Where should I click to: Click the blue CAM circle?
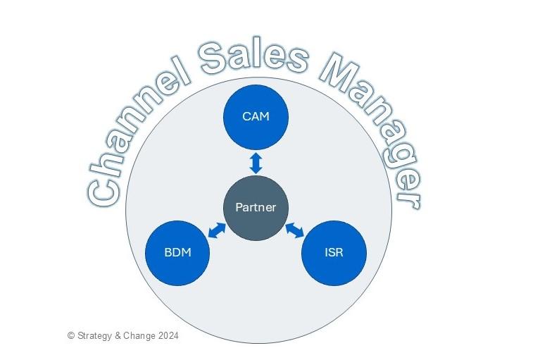click(256, 116)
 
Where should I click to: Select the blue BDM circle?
click(177, 252)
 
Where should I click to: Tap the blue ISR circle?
click(334, 252)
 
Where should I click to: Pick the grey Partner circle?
click(256, 207)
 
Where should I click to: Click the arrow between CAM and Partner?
click(256, 163)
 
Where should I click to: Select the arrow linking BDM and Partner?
click(216, 230)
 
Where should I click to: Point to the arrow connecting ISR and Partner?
click(294, 230)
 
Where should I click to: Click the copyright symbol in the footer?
click(70, 336)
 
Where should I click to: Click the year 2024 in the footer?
click(169, 336)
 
